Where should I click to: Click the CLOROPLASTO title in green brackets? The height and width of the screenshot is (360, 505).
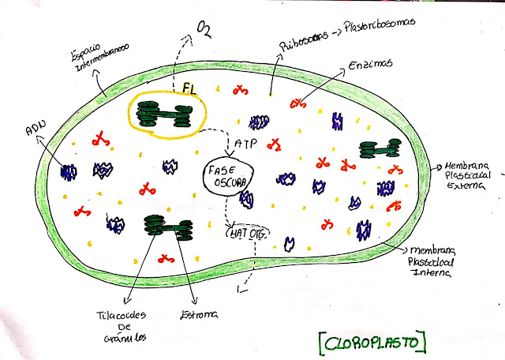coord(370,342)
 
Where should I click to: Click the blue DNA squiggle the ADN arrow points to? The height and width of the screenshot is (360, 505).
coord(69,171)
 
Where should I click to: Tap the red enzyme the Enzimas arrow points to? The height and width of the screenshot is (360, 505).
coord(298,103)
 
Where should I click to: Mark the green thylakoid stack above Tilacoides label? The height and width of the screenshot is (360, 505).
coord(169,228)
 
